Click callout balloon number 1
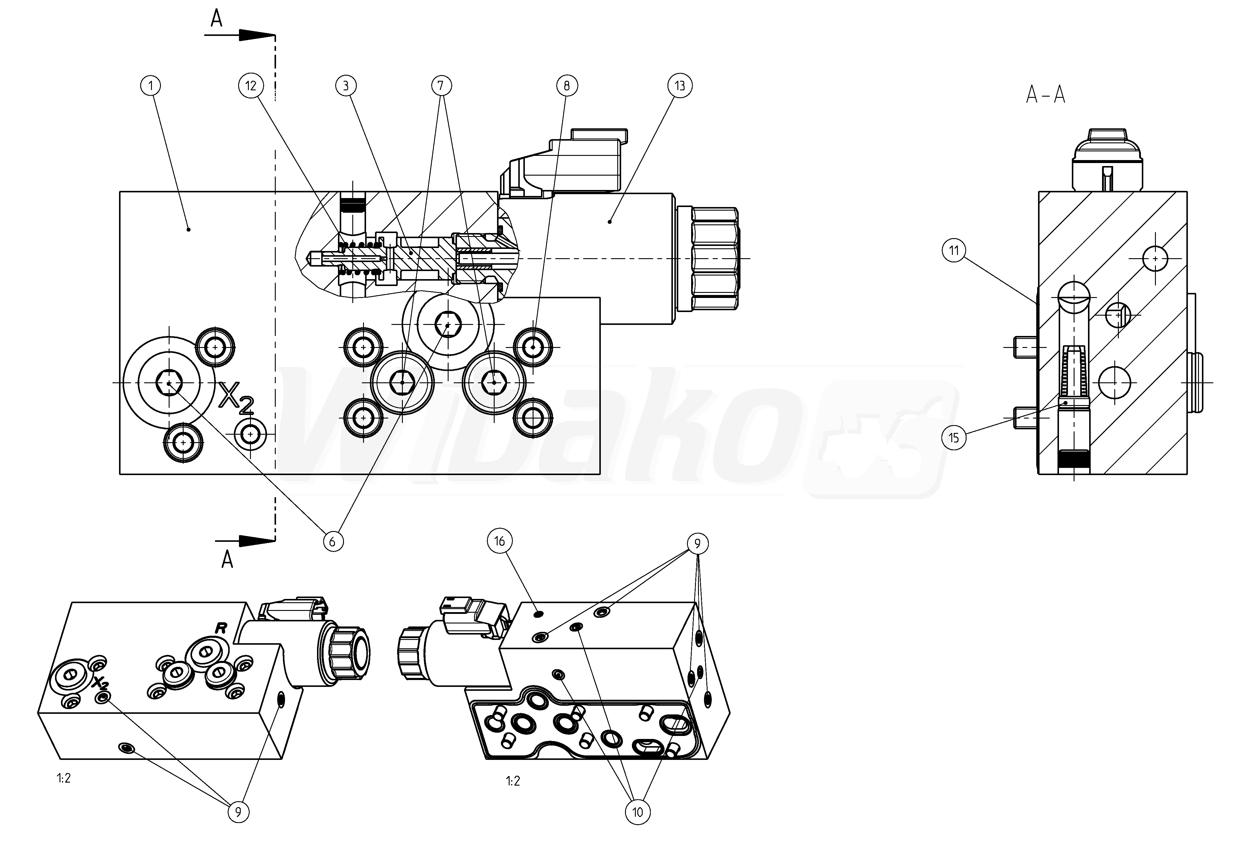point(151,86)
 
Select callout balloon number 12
point(250,86)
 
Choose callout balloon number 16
point(499,541)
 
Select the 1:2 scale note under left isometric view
point(63,778)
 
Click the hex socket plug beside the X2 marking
point(169,383)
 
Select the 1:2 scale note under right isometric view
point(513,781)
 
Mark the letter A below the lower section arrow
point(227,559)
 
